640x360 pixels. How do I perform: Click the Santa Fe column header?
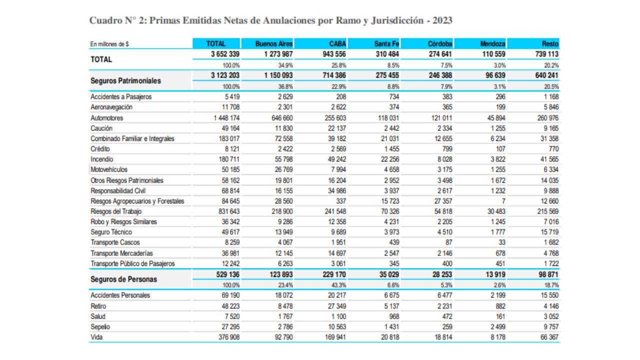coord(386,44)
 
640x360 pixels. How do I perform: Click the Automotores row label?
coord(106,118)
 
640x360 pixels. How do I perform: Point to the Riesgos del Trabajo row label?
coord(112,211)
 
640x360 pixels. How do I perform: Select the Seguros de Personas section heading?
coord(123,279)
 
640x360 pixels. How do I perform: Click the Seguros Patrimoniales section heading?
coord(126,80)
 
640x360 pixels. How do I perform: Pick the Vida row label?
coord(96,337)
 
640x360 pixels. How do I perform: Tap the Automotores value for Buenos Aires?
coord(280,118)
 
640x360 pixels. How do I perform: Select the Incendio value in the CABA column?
coord(335,159)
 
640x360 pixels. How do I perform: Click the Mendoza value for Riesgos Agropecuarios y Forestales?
coord(503,201)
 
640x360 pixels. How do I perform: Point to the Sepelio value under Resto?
coord(549,327)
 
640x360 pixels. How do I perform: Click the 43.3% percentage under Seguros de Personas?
coord(339,284)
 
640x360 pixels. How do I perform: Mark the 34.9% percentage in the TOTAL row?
coord(285,65)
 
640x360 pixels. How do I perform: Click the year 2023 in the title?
coord(442,20)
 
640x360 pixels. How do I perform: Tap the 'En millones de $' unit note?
coord(109,44)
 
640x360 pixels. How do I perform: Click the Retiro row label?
coord(98,306)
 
